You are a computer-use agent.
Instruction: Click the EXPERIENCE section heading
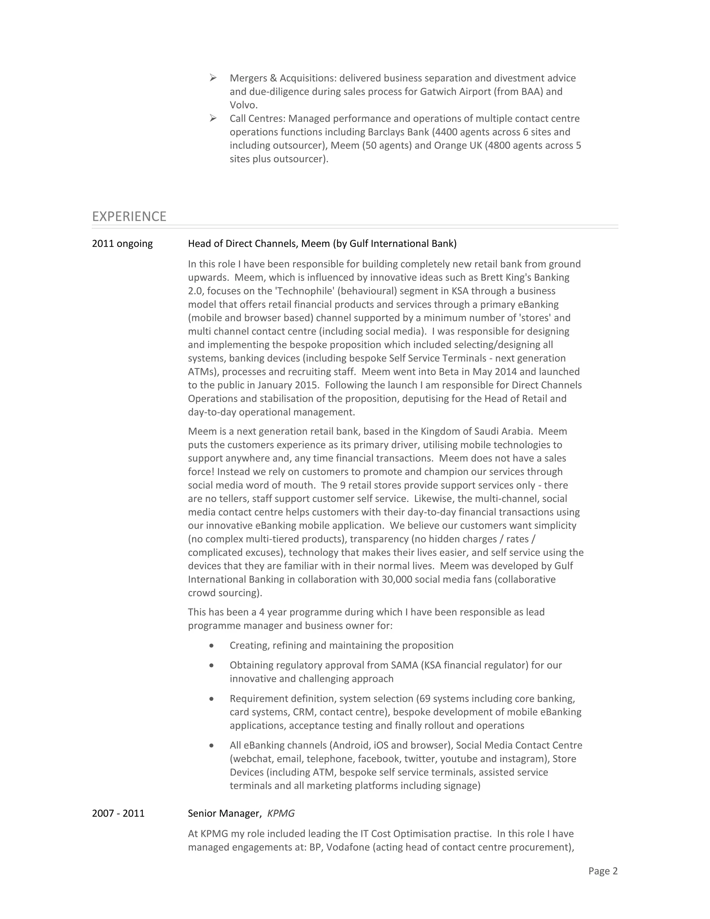[x=129, y=216]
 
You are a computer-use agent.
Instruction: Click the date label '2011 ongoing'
[x=122, y=244]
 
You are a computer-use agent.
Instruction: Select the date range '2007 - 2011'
[x=118, y=813]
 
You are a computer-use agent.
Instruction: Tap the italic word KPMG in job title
[x=281, y=813]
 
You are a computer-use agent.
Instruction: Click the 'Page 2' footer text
[x=603, y=871]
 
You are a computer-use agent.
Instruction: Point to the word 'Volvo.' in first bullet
[x=243, y=105]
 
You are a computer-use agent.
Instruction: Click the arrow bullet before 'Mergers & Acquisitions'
[x=213, y=78]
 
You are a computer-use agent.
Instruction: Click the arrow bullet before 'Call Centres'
[x=213, y=118]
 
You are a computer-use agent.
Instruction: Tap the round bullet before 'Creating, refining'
[x=211, y=645]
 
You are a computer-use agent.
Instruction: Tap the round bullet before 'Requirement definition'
[x=211, y=699]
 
